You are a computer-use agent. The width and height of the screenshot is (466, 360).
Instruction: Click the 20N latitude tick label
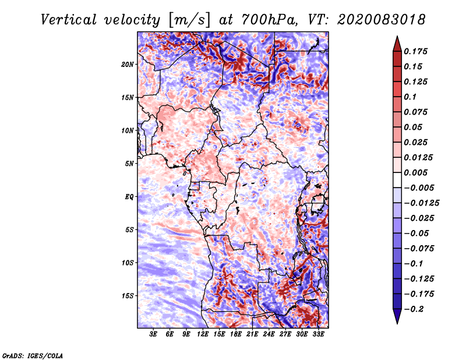click(x=128, y=64)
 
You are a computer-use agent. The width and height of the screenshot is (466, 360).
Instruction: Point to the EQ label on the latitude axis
click(x=129, y=196)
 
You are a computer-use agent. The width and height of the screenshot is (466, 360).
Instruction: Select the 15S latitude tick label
click(x=128, y=295)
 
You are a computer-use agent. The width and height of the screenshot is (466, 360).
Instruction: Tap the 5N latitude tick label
click(x=129, y=163)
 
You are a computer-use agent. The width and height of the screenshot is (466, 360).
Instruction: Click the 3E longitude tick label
click(x=153, y=335)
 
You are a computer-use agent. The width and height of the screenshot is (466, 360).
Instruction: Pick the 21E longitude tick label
click(x=252, y=335)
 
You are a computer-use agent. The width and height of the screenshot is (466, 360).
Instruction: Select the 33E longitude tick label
click(x=318, y=335)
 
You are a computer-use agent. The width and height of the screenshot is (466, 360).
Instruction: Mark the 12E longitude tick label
click(x=203, y=335)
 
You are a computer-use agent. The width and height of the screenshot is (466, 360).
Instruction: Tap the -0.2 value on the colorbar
click(x=416, y=309)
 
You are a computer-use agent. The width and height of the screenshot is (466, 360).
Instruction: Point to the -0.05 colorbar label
click(x=418, y=233)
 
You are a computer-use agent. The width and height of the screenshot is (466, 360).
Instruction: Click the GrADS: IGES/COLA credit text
click(x=33, y=355)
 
